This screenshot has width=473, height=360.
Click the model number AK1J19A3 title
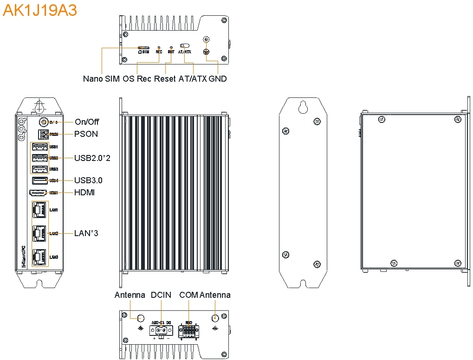pyautogui.click(x=40, y=10)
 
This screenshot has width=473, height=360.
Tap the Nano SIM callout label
pyautogui.click(x=102, y=79)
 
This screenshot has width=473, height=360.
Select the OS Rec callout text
pyautogui.click(x=137, y=79)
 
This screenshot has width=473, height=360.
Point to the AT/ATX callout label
pyautogui.click(x=192, y=79)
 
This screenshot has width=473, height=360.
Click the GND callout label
pyautogui.click(x=218, y=79)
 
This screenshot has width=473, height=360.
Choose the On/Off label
pyautogui.click(x=87, y=122)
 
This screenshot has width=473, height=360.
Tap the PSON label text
pyautogui.click(x=86, y=134)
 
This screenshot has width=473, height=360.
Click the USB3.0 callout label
pyautogui.click(x=88, y=180)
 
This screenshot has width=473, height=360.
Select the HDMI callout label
pyautogui.click(x=84, y=192)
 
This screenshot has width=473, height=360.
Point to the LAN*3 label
pyautogui.click(x=86, y=233)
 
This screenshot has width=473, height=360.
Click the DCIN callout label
pyautogui.click(x=161, y=295)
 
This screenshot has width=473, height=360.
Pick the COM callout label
pyautogui.click(x=188, y=295)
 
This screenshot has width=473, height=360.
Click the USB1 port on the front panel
pyautogui.click(x=39, y=147)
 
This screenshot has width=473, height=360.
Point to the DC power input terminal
pyautogui.click(x=159, y=330)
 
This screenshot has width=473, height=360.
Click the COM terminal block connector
pyautogui.click(x=189, y=331)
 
